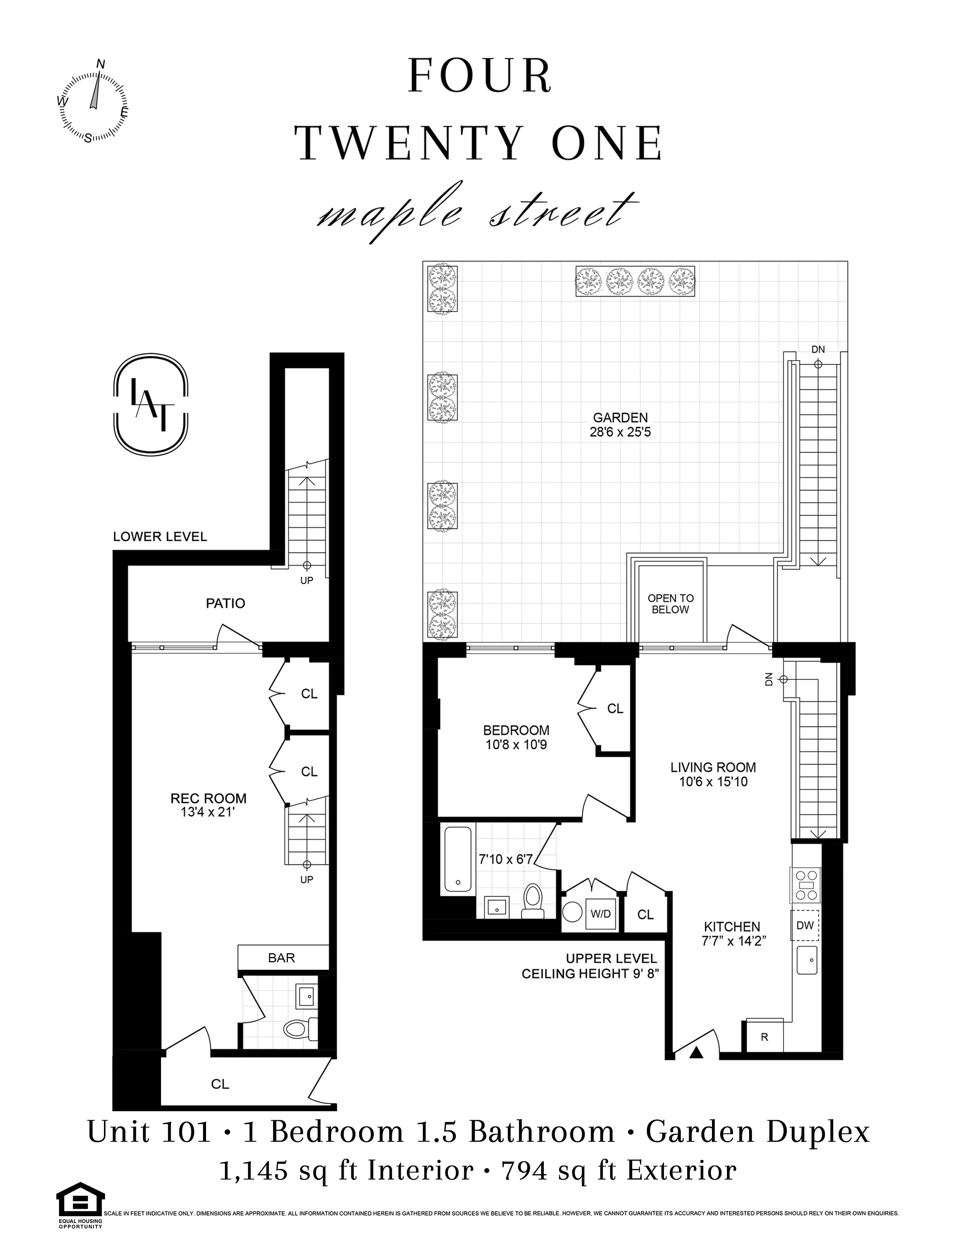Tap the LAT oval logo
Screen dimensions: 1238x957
click(x=151, y=404)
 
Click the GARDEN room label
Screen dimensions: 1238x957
click(x=620, y=418)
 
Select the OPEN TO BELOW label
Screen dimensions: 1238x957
click(x=671, y=604)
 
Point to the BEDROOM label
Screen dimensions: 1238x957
click(x=516, y=730)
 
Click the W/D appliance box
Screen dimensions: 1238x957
click(x=600, y=914)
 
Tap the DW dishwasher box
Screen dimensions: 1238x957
click(x=805, y=925)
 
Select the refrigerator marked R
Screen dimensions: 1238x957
click(x=764, y=1037)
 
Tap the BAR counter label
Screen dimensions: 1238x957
click(x=282, y=957)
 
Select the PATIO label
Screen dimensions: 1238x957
click(x=226, y=603)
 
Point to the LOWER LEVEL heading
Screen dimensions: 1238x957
click(x=160, y=536)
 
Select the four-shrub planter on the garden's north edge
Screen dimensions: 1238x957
click(x=635, y=281)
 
